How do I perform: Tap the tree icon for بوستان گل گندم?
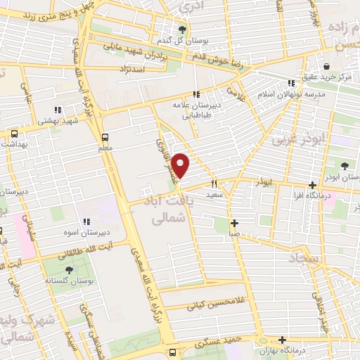[183, 30]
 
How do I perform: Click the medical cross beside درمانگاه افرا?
[312, 185]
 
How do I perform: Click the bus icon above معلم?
[105, 137]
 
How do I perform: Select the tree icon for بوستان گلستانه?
[69, 269]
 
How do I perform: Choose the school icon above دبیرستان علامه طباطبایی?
[197, 94]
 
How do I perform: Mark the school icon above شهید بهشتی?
[58, 110]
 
